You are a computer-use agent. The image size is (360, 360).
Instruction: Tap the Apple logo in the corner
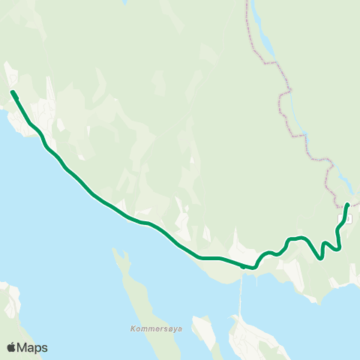tap(11, 347)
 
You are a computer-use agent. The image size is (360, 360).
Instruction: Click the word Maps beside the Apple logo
tap(32, 347)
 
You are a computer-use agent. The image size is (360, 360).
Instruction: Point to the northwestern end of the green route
tap(13, 92)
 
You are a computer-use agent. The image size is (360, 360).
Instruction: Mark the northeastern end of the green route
tap(347, 205)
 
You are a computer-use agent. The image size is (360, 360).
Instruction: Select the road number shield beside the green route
tap(349, 217)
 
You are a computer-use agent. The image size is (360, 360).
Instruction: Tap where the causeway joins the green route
tap(242, 265)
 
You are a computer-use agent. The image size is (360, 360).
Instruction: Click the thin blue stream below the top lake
tap(295, 112)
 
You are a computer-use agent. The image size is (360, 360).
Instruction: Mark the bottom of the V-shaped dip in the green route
tap(320, 259)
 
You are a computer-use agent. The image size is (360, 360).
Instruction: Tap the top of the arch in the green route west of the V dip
tap(300, 238)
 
